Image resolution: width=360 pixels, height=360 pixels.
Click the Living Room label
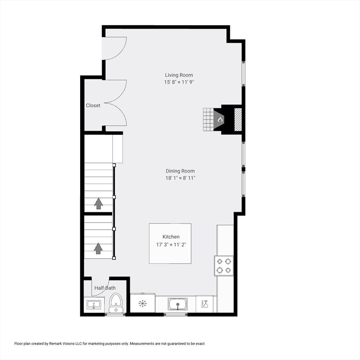click(179, 75)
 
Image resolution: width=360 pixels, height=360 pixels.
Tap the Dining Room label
click(180, 171)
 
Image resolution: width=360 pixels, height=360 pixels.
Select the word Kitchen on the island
click(171, 237)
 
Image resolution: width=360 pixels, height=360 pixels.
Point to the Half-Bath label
click(105, 288)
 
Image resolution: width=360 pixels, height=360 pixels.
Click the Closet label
click(93, 105)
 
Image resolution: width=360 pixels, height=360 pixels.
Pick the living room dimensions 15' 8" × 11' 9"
click(179, 82)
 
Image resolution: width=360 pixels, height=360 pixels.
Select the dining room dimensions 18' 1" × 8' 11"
click(180, 178)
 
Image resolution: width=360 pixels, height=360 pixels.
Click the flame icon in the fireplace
click(219, 120)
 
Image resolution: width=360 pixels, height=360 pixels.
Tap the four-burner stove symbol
click(224, 266)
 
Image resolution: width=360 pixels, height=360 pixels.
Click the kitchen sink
click(178, 304)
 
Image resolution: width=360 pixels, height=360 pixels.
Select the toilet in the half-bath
click(115, 302)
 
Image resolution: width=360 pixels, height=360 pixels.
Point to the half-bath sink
click(92, 305)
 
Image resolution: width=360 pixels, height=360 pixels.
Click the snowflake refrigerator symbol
click(142, 304)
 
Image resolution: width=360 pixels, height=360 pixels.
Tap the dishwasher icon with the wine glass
click(205, 304)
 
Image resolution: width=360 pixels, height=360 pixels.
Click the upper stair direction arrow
click(98, 203)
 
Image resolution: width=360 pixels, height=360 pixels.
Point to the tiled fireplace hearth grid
click(208, 120)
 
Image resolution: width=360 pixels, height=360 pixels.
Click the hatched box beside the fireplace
click(238, 120)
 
